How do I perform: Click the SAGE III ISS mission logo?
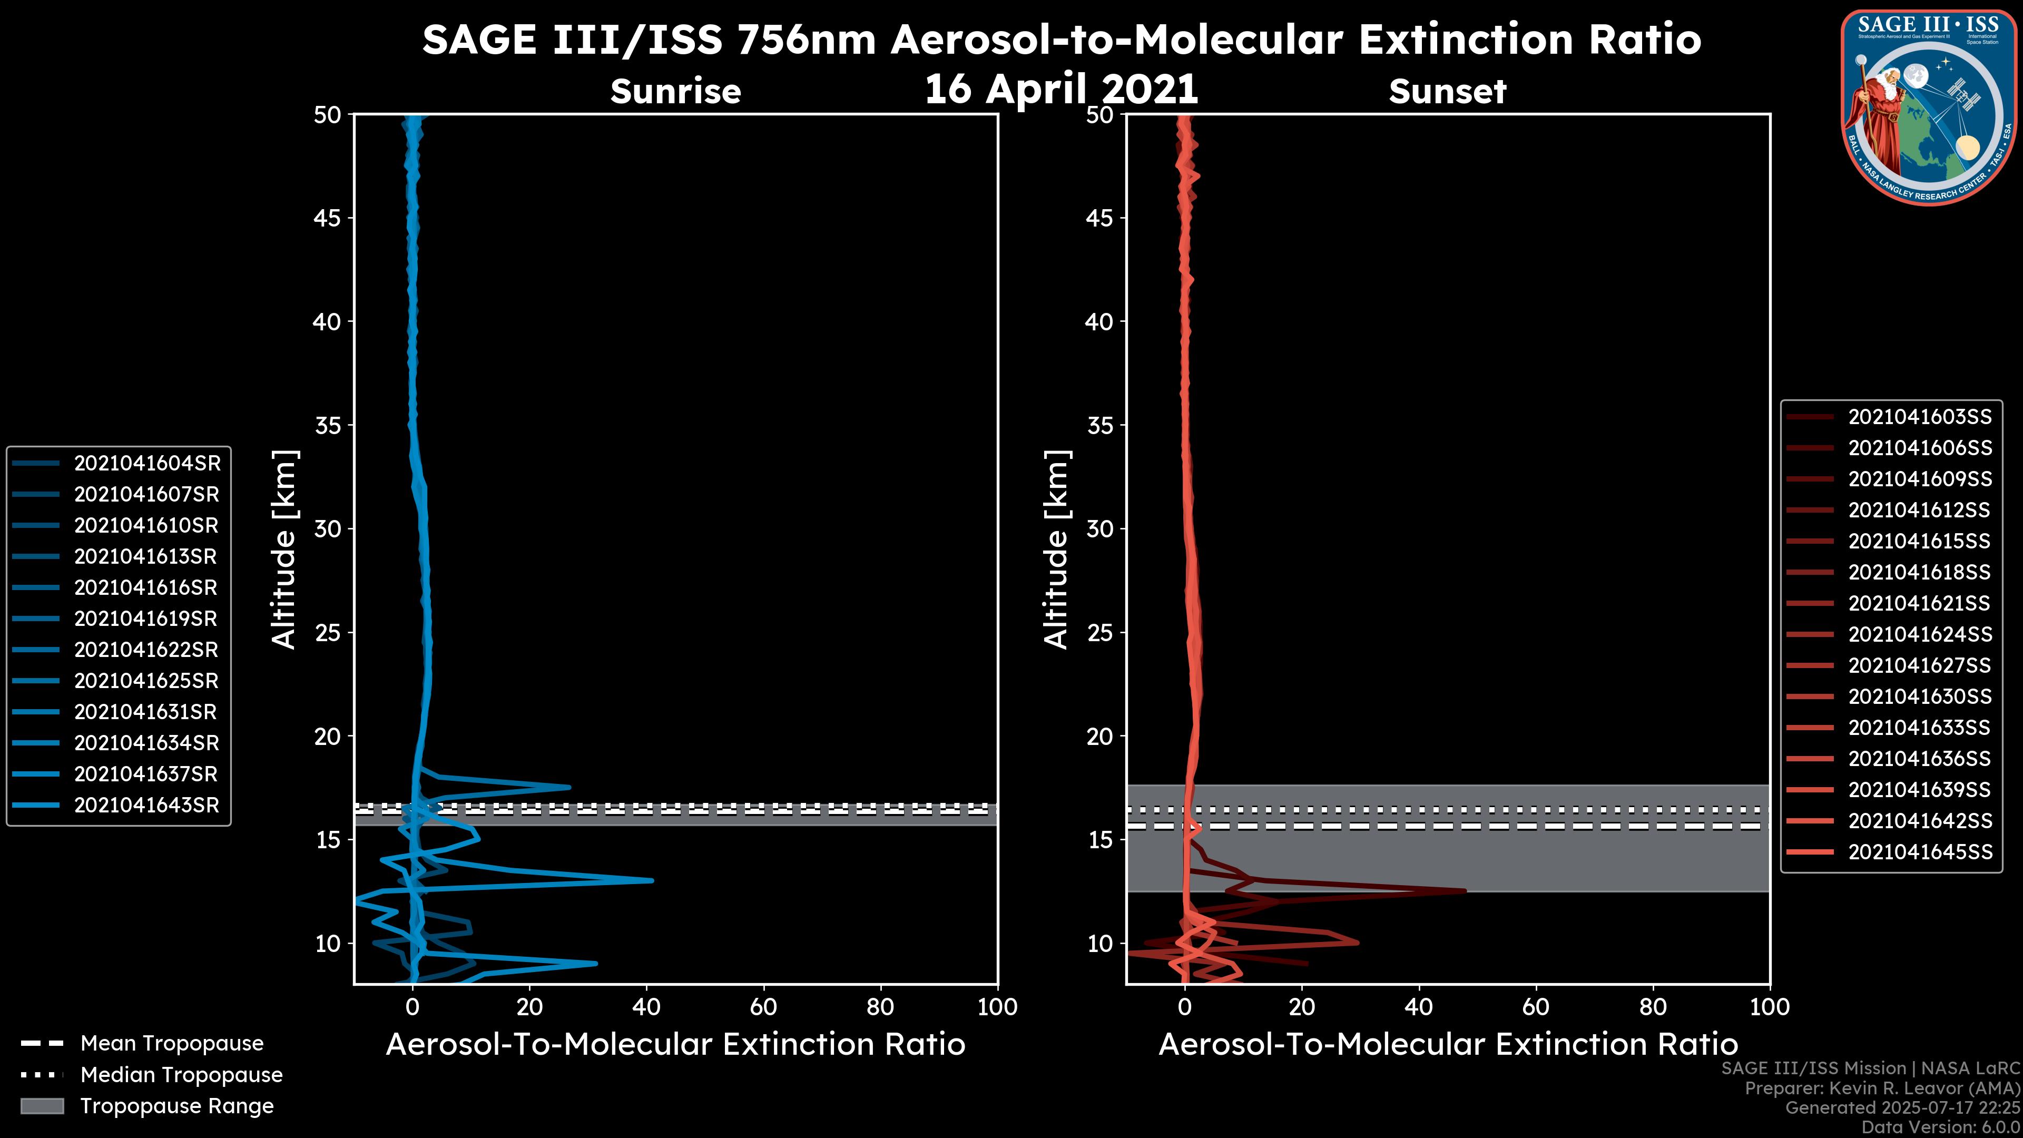[x=1928, y=107]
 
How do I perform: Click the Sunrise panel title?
[x=675, y=92]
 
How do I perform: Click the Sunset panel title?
[x=1447, y=92]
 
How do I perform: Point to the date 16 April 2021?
[x=1061, y=89]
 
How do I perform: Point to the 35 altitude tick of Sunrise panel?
[x=328, y=426]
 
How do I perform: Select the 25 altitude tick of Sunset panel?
[x=1099, y=633]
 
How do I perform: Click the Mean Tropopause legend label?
[x=172, y=1044]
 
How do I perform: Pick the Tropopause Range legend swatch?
[x=42, y=1106]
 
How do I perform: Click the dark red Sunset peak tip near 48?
[x=1465, y=890]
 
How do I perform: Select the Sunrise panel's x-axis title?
[x=675, y=1045]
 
